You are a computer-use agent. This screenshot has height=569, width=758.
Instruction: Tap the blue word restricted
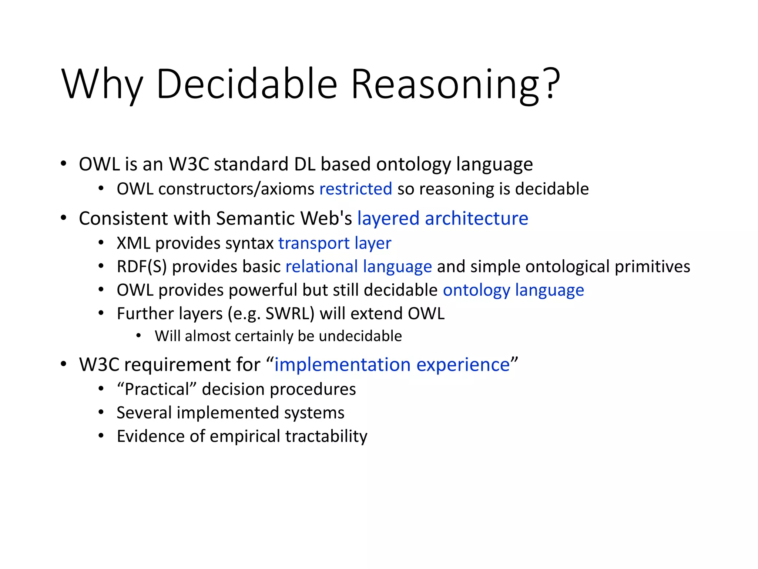pos(356,189)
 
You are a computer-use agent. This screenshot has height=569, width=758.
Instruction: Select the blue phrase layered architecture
pos(443,218)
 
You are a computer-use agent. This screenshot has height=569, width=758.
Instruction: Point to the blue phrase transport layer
pos(335,243)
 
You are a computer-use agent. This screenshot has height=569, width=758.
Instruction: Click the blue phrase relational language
pos(359,267)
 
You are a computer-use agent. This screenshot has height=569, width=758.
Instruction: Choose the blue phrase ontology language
pos(513,290)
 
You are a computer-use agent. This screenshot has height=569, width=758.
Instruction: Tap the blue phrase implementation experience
pos(392,365)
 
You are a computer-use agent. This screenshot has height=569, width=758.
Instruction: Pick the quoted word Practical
pos(157,389)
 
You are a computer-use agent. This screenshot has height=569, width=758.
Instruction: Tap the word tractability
pos(326,436)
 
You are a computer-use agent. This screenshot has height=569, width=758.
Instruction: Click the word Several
pos(144,413)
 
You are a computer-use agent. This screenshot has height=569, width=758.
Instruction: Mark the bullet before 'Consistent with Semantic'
pos(64,218)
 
